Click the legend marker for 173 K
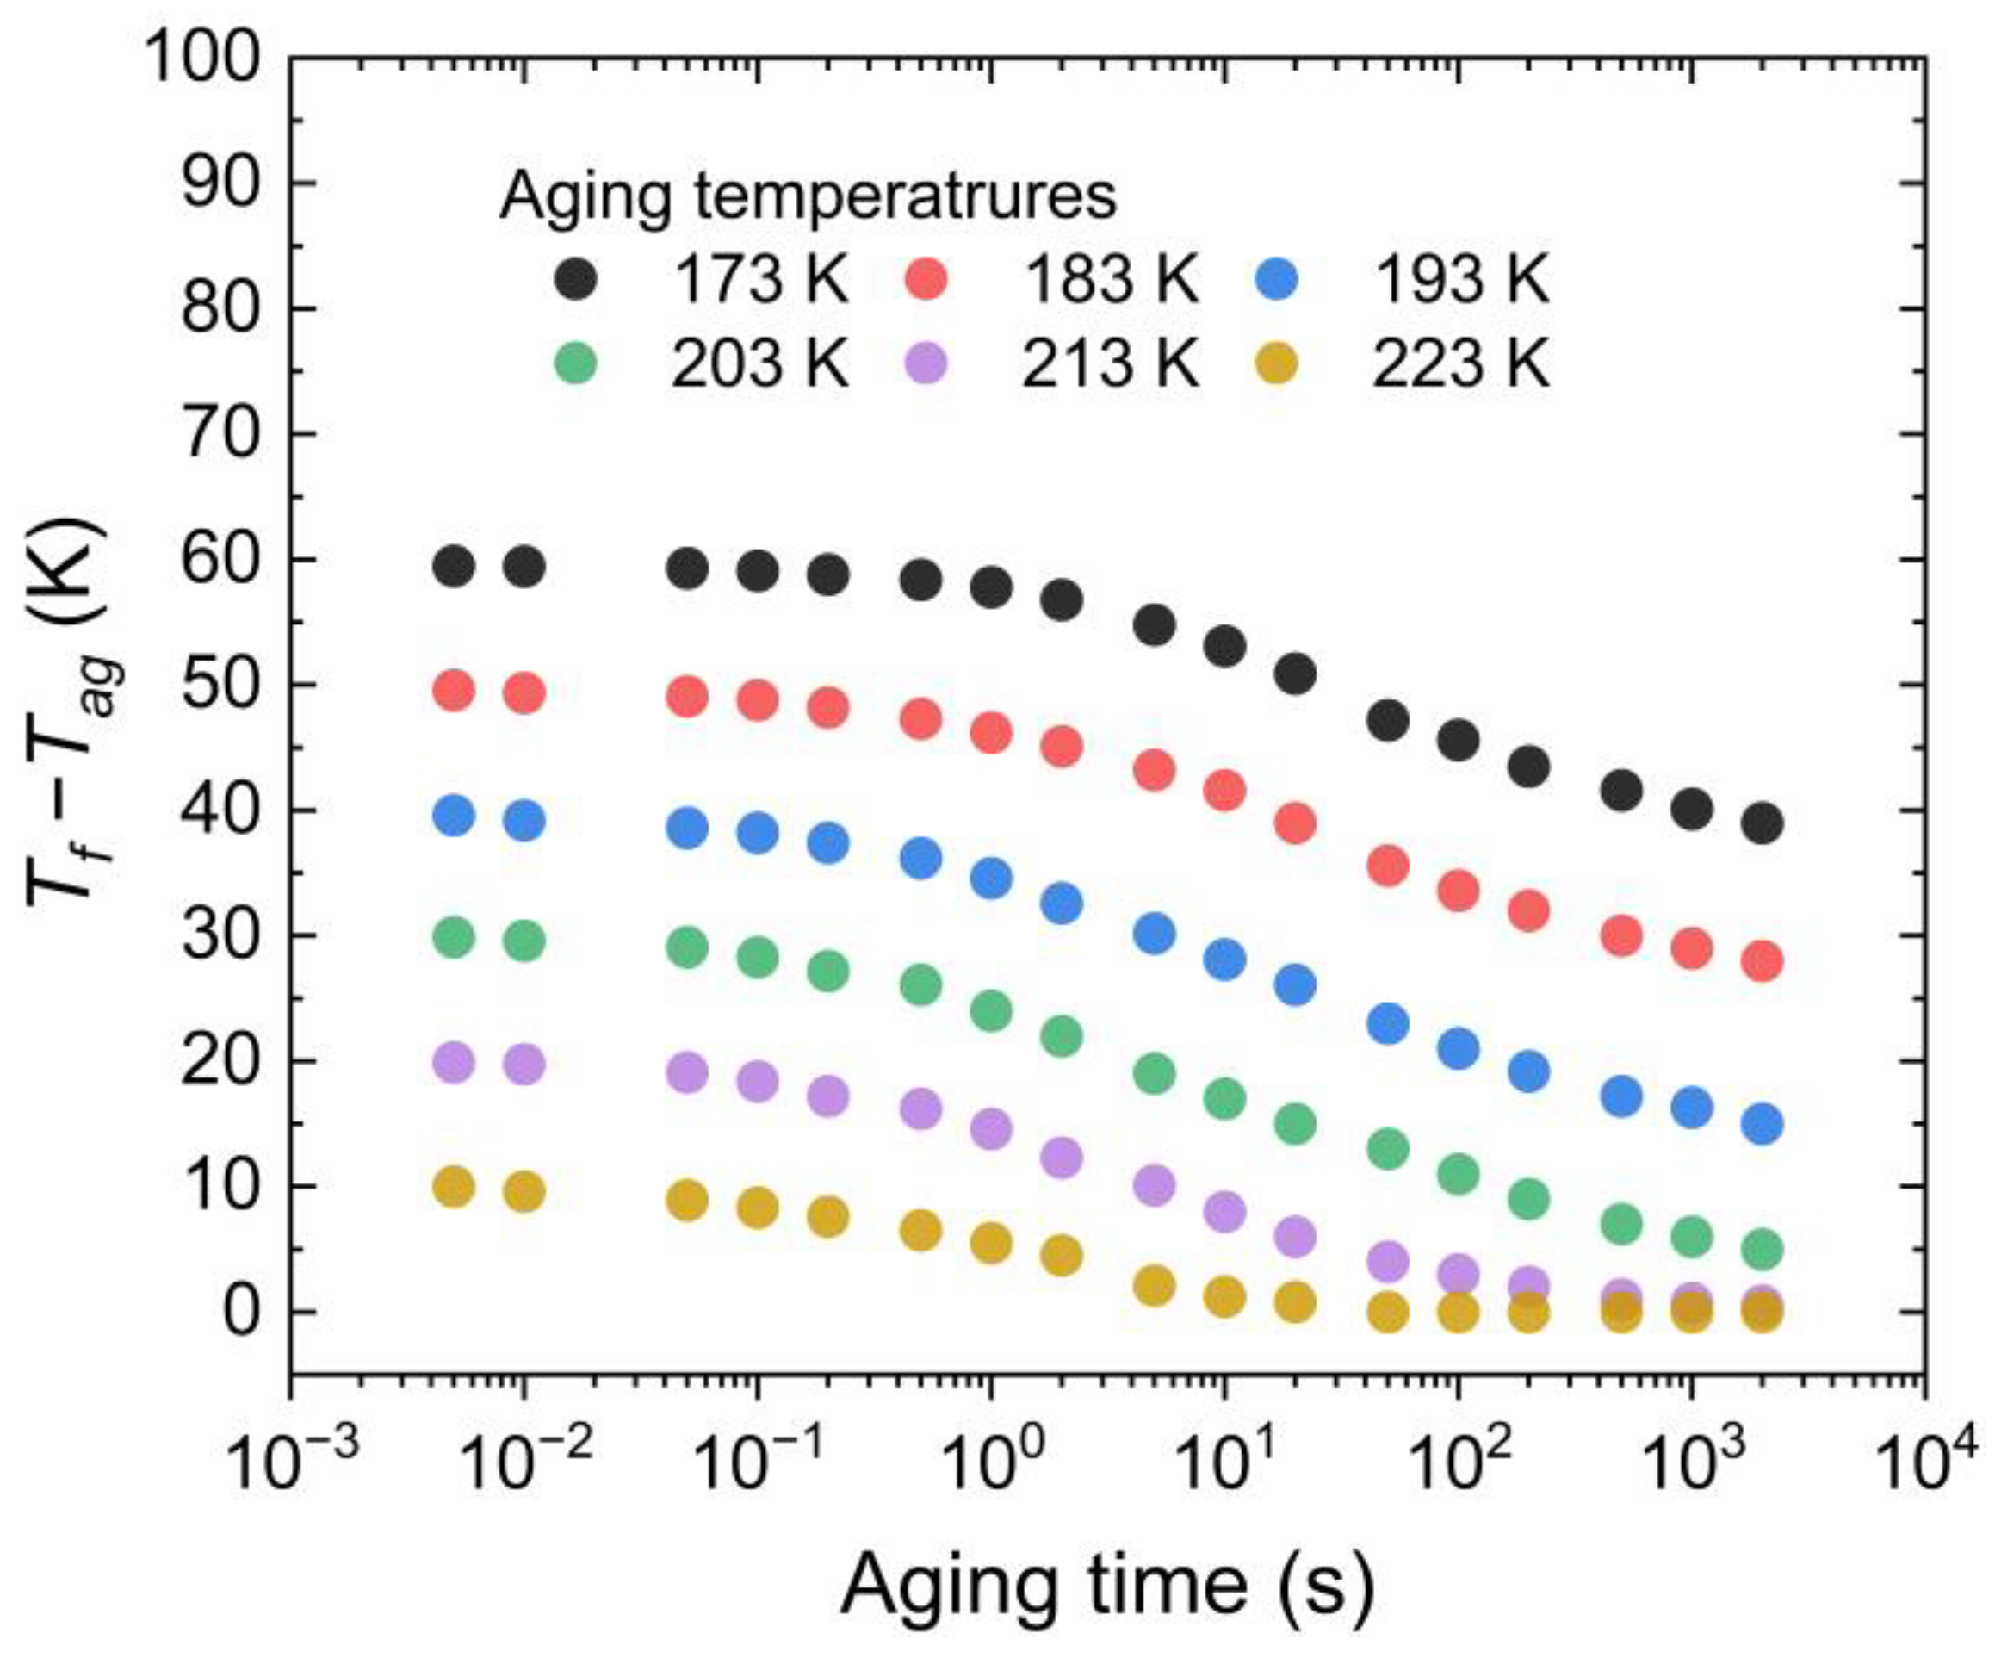(576, 279)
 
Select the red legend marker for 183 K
(926, 279)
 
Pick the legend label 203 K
(759, 364)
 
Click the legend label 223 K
(1460, 364)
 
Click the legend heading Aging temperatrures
(809, 196)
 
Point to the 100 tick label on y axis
(202, 59)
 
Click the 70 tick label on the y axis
(220, 434)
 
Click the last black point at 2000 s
(1763, 823)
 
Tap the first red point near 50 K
(453, 691)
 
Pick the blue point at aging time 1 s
(991, 878)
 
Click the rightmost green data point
(1763, 1249)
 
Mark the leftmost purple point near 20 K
(453, 1062)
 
